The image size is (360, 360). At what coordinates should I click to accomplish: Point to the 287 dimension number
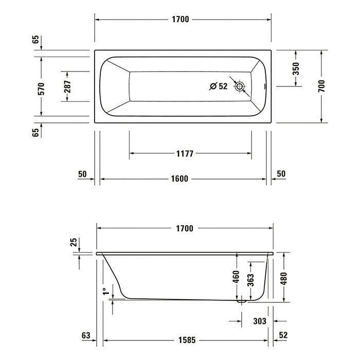67,86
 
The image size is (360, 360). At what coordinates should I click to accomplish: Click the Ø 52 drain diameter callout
219,86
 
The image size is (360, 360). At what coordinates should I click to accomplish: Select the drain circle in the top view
239,87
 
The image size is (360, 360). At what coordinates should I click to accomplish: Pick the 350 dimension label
296,68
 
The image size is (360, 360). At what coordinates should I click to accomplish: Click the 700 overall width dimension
322,86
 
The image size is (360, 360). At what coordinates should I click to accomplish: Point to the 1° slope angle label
105,292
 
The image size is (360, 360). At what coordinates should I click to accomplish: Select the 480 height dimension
283,277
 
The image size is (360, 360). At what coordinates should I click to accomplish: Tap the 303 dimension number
260,321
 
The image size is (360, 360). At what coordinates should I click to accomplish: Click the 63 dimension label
86,336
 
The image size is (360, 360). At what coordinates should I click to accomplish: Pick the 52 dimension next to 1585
282,336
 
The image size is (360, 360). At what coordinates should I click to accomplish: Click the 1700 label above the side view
184,228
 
